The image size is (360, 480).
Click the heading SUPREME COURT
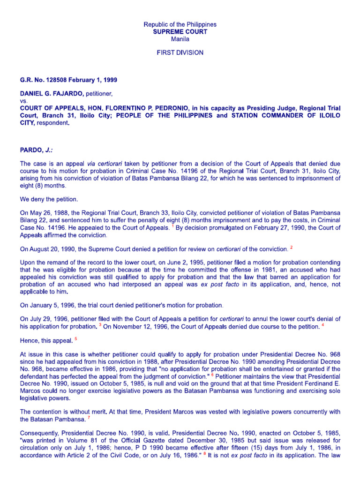(x=180, y=31)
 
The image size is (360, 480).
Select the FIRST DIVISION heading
(x=180, y=52)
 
